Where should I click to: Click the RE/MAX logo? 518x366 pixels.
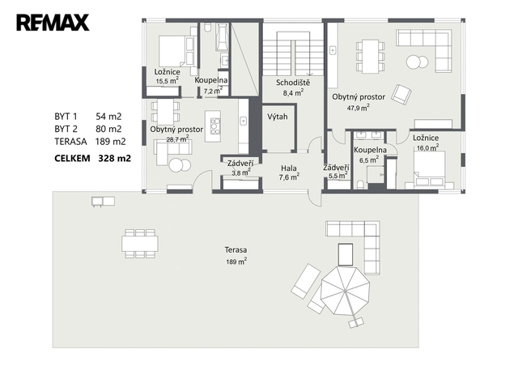point(53,23)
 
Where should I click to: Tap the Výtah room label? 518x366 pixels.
point(278,117)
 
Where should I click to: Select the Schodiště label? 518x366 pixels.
point(293,83)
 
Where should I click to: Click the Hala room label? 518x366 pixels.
point(289,168)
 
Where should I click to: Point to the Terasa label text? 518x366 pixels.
point(236,250)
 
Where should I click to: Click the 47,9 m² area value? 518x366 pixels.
point(358,108)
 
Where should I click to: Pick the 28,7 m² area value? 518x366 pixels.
point(177,139)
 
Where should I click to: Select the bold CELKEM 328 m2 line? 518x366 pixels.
point(92,159)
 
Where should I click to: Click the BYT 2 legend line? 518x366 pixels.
point(88,129)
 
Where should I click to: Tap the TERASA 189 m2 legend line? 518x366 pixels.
point(90,142)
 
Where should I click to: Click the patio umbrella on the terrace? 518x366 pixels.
point(346,291)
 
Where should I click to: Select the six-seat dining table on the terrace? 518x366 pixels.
point(140,244)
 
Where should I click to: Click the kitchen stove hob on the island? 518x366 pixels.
point(215,126)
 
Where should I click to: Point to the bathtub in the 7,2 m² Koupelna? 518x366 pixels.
point(222,37)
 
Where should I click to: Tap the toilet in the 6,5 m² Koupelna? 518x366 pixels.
point(360,185)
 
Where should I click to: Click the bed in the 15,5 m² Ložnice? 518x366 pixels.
point(176,51)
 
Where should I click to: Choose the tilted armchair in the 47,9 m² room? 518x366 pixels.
point(401,95)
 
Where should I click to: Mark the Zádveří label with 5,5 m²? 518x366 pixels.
point(336,172)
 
